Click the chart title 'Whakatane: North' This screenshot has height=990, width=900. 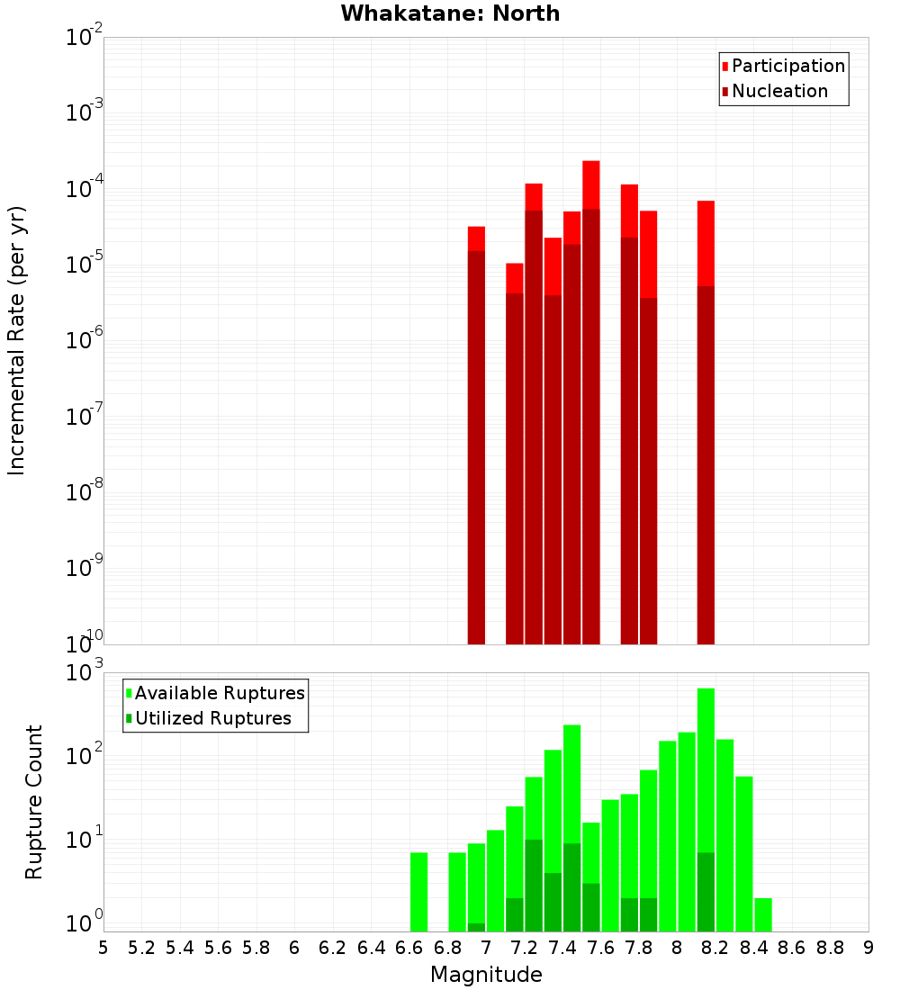[x=450, y=13]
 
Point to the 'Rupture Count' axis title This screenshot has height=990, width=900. [x=34, y=802]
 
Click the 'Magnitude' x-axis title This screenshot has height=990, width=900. [x=486, y=975]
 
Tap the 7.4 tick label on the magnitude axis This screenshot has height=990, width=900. [x=562, y=948]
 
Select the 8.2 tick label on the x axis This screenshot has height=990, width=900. [x=715, y=948]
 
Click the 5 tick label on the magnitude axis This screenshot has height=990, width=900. [x=103, y=948]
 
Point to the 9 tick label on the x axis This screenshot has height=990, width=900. [x=868, y=948]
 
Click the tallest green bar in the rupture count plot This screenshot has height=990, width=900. [x=706, y=810]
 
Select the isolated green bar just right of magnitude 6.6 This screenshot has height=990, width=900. [x=418, y=892]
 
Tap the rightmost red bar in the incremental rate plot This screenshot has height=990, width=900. [x=706, y=423]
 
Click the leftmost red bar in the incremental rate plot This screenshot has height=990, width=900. [x=476, y=436]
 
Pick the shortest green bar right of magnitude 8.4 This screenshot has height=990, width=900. [x=763, y=914]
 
